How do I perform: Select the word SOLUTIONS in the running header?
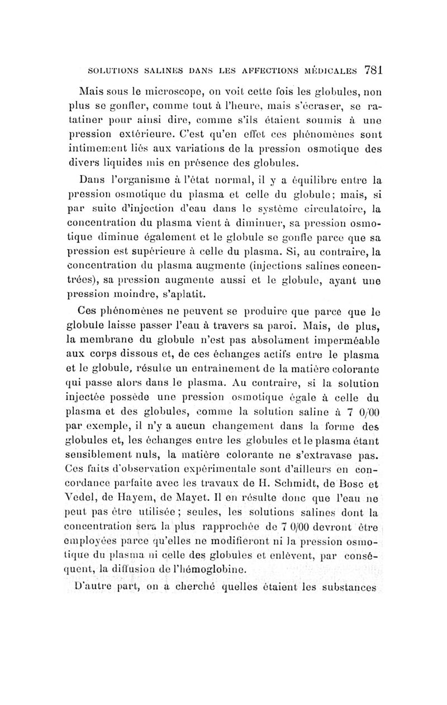coord(114,71)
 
